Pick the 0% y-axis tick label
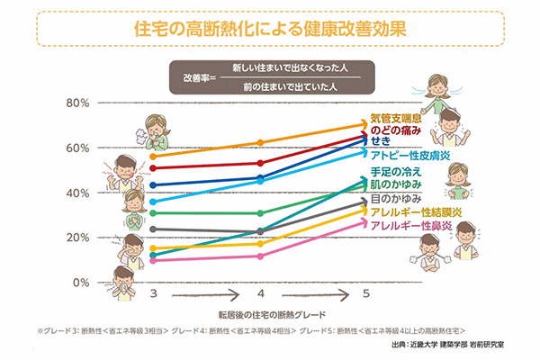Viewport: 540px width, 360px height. click(82, 282)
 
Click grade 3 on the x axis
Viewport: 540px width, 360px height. click(154, 294)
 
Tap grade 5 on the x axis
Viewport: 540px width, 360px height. click(365, 294)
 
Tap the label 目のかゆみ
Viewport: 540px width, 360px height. click(396, 199)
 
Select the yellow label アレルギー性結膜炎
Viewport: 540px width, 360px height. click(418, 211)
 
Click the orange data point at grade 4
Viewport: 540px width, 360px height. click(260, 142)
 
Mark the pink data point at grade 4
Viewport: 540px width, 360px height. click(260, 256)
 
